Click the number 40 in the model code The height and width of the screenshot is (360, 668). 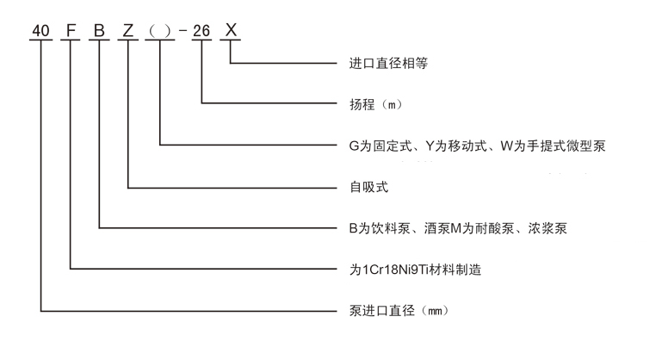click(40, 30)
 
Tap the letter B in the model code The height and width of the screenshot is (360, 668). click(100, 30)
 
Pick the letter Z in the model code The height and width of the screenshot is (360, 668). click(129, 30)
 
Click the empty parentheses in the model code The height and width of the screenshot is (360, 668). click(160, 31)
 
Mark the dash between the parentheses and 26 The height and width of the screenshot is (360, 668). click(182, 32)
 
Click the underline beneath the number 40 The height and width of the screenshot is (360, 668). click(40, 41)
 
